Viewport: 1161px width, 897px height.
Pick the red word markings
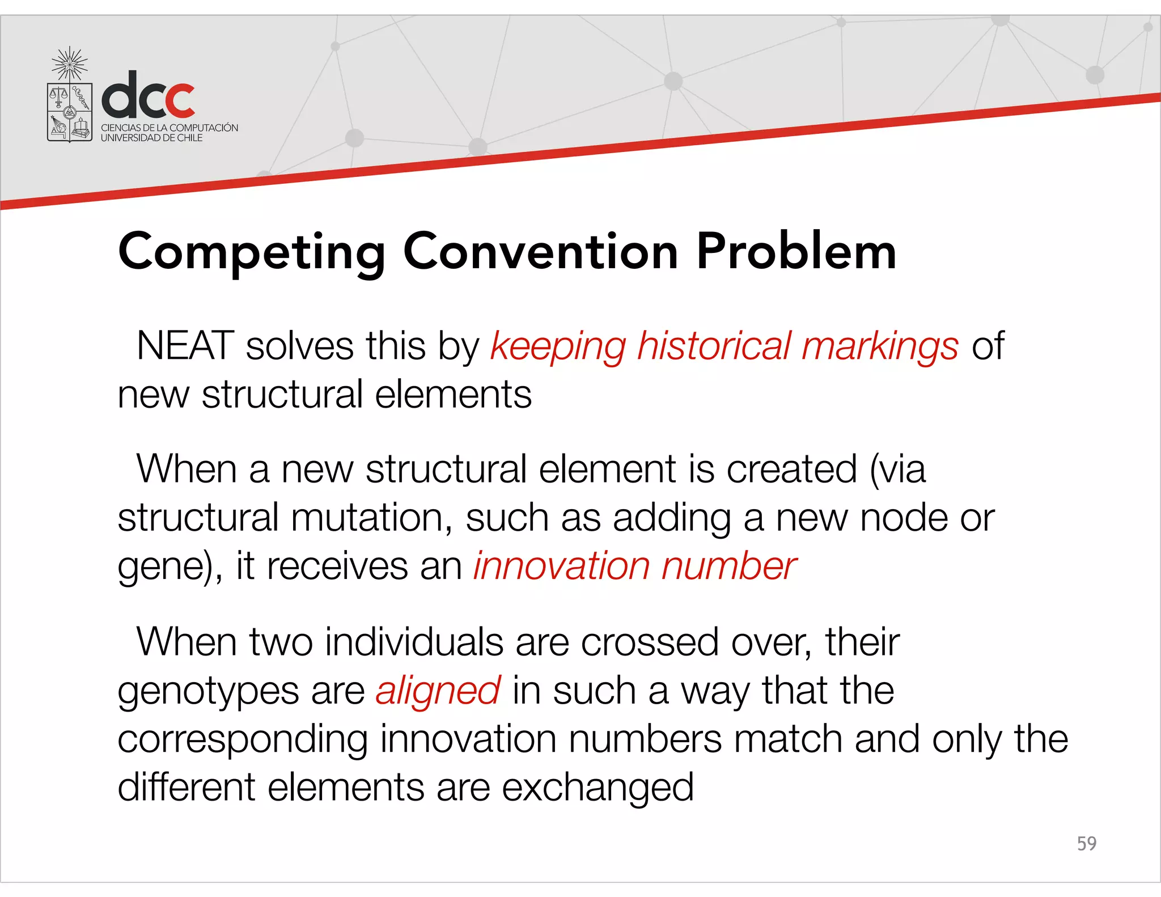880,347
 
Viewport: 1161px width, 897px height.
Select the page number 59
1086,843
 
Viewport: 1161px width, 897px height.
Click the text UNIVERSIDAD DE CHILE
151,138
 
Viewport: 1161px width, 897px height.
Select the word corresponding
243,740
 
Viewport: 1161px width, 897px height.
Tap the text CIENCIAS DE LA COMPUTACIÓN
170,128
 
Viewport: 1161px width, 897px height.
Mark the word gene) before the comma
167,567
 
